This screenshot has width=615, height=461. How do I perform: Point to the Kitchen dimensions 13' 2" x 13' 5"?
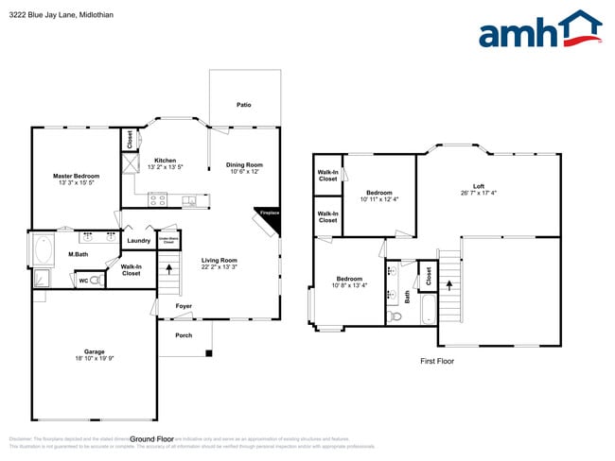coord(166,167)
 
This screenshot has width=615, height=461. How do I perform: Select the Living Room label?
coord(219,261)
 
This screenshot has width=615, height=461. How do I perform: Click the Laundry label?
coord(138,241)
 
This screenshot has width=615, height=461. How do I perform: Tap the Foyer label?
coord(183,306)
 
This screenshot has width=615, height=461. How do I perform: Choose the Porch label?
coord(183,335)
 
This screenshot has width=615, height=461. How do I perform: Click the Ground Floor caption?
coord(151,439)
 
